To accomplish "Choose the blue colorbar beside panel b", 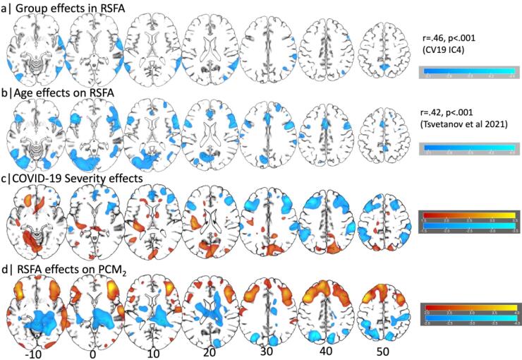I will [x=467, y=146].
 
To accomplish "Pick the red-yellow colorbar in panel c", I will [x=467, y=217].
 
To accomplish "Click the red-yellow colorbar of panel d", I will [x=467, y=305].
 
